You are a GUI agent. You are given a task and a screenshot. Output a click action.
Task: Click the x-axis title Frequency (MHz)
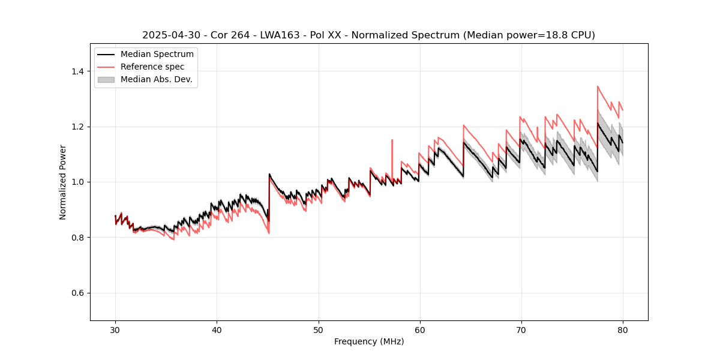coord(369,341)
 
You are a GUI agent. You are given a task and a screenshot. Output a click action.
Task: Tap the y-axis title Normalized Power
coord(63,182)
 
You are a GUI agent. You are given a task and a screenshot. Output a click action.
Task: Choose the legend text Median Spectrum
coord(157,55)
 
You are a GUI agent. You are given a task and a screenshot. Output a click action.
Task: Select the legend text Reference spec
coord(152,67)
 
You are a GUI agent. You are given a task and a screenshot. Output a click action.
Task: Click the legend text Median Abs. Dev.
coord(156,79)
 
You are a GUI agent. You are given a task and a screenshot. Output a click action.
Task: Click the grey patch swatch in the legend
coord(106,79)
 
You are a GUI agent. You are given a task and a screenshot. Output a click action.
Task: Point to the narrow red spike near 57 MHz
coord(392,142)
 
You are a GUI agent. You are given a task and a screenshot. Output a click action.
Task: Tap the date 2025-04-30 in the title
coord(170,35)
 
